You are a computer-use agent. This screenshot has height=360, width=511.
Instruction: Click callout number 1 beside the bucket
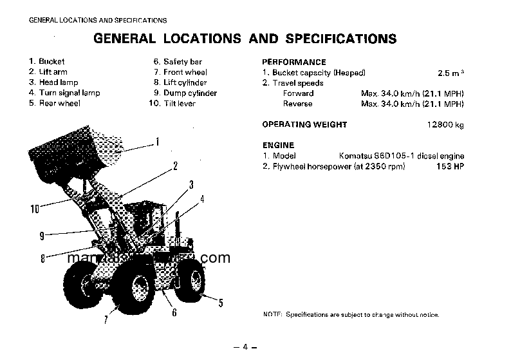(158, 141)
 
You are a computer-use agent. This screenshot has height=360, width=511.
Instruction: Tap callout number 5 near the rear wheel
(221, 303)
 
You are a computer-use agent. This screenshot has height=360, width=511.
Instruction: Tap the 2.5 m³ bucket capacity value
(450, 73)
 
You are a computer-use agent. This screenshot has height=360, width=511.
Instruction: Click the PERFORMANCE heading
(293, 62)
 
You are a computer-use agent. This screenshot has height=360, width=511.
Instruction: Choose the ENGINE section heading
(278, 146)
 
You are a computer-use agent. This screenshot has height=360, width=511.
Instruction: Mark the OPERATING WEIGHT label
(304, 125)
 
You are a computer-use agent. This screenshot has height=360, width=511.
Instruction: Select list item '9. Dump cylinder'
(182, 93)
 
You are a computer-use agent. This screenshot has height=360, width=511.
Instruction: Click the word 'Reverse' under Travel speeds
(297, 104)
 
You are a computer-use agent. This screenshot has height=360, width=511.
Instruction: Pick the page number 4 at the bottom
(245, 348)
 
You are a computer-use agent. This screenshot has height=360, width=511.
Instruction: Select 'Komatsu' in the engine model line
(355, 156)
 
